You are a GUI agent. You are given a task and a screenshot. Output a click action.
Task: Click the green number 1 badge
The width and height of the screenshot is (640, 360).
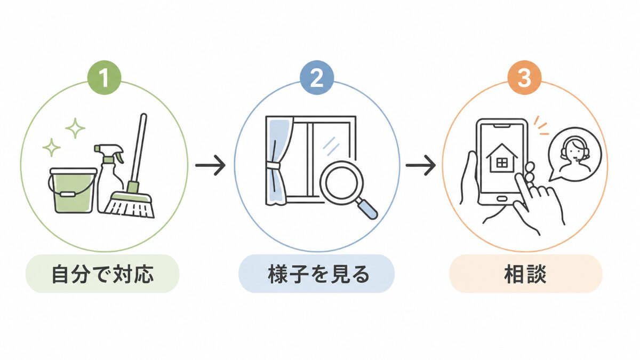click(105, 77)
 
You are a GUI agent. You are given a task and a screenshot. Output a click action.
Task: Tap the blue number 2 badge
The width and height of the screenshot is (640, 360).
click(317, 77)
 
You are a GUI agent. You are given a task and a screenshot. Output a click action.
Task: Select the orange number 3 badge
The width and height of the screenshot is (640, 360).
click(524, 77)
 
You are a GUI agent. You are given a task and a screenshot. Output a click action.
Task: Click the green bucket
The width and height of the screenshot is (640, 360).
click(73, 190)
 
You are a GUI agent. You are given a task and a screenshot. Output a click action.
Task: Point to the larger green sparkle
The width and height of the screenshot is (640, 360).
click(75, 128)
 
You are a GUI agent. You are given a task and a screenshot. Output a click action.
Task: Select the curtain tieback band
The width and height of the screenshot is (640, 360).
click(274, 165)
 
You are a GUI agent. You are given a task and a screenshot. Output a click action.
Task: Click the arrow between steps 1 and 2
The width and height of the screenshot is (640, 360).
click(210, 165)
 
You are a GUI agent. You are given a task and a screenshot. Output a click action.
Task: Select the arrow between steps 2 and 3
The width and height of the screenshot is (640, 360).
click(421, 165)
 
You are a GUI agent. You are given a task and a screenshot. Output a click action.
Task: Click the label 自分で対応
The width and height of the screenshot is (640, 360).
click(102, 274)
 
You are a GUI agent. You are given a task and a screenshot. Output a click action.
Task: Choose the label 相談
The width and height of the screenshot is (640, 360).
click(525, 274)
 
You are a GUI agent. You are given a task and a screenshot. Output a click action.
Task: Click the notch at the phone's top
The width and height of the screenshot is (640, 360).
click(502, 126)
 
